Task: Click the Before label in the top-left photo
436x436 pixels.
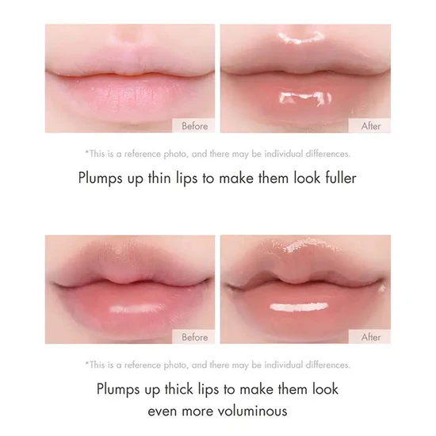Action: click(x=195, y=126)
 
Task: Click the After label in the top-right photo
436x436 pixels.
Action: click(x=371, y=126)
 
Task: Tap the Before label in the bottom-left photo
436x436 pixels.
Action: click(x=195, y=337)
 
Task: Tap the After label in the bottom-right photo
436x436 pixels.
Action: click(x=371, y=337)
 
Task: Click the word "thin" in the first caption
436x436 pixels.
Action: click(x=159, y=178)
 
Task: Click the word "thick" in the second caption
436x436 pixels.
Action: click(x=179, y=388)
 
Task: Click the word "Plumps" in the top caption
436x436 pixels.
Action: click(x=100, y=178)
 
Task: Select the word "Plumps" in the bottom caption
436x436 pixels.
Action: click(x=118, y=389)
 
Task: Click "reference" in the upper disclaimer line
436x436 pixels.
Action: click(x=143, y=154)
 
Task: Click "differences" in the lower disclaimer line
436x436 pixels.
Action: click(x=328, y=365)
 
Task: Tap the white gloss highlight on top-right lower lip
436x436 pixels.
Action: click(x=305, y=98)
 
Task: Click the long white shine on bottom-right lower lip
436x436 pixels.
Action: click(x=299, y=307)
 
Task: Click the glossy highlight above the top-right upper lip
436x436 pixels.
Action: click(x=302, y=37)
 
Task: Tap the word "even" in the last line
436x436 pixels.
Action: click(x=162, y=411)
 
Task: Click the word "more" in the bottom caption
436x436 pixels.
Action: click(x=197, y=411)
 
